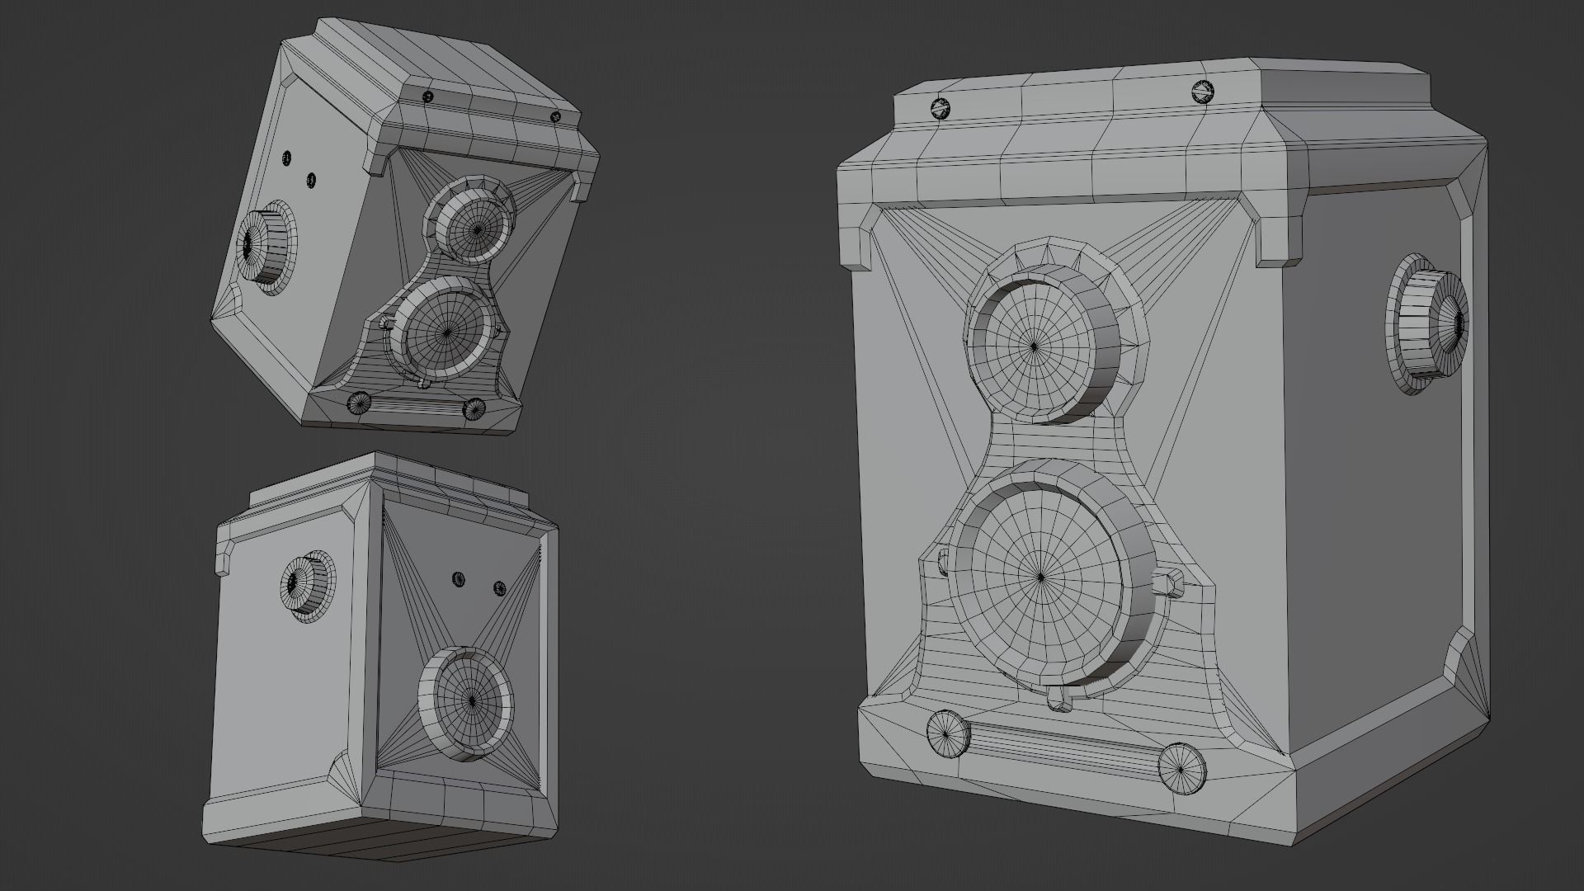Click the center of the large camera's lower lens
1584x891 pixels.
1041,577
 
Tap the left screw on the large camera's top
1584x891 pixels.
940,107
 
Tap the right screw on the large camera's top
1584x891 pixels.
1204,92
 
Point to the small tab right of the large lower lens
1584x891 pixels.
1167,581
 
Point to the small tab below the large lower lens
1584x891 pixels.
1058,701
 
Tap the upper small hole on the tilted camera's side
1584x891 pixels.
287,157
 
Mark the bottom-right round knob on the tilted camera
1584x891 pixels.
474,408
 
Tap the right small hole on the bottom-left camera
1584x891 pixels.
499,588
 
